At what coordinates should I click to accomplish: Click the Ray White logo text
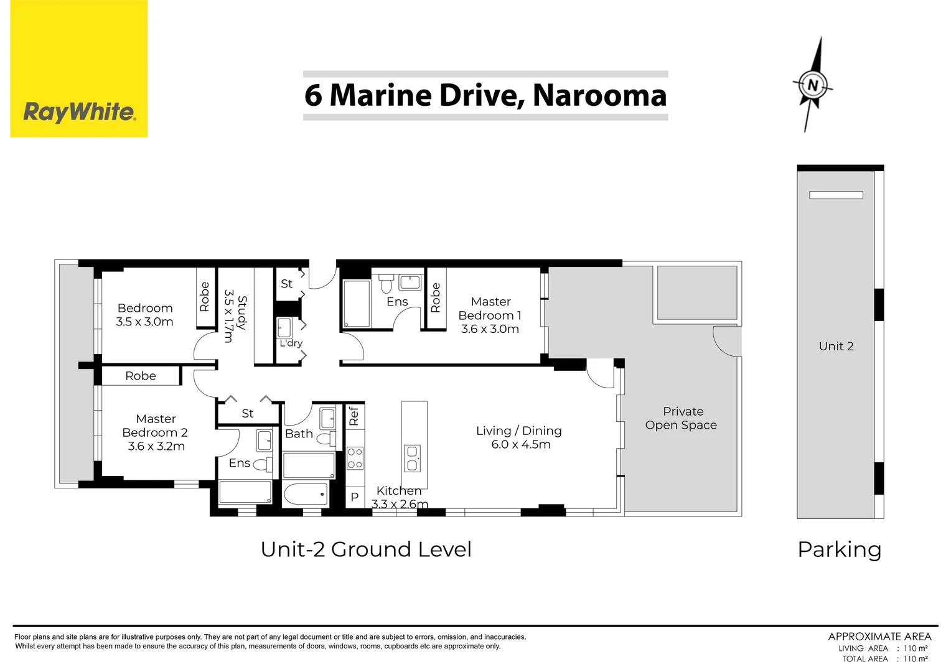(80, 113)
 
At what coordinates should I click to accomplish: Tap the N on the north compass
(813, 85)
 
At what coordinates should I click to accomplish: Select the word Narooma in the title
(599, 96)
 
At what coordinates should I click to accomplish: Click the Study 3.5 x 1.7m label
(235, 316)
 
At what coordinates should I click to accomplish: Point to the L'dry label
(291, 343)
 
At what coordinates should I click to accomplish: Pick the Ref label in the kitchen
(354, 416)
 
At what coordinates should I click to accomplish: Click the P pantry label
(355, 497)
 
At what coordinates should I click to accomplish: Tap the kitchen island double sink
(412, 459)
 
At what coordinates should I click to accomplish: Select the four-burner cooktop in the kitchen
(355, 457)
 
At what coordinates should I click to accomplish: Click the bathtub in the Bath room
(306, 493)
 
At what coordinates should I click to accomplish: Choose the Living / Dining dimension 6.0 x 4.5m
(521, 444)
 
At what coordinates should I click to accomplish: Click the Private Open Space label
(681, 418)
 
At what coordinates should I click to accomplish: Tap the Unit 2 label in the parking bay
(836, 347)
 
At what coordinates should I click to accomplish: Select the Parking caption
(840, 550)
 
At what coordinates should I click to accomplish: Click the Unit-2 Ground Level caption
(366, 549)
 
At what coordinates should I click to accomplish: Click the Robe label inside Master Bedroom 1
(436, 297)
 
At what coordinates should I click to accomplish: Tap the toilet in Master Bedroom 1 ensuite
(386, 284)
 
